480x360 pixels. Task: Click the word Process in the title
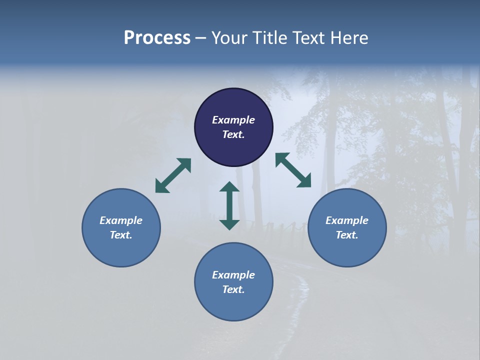pyautogui.click(x=157, y=38)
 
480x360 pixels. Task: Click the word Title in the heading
pyautogui.click(x=270, y=38)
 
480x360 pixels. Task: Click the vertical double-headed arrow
pyautogui.click(x=229, y=205)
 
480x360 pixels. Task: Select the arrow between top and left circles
pyautogui.click(x=173, y=175)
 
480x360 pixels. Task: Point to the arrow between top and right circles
pyautogui.click(x=293, y=170)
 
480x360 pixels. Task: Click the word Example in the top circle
pyautogui.click(x=233, y=120)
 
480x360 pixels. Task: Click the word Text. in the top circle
pyautogui.click(x=233, y=134)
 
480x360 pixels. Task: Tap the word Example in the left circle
pyautogui.click(x=121, y=220)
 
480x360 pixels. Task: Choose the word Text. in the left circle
pyautogui.click(x=121, y=235)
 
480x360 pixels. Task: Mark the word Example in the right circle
pyautogui.click(x=347, y=220)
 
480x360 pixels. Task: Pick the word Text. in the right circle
pyautogui.click(x=347, y=235)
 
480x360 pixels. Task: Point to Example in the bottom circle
pyautogui.click(x=233, y=275)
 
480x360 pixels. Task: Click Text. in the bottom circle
pyautogui.click(x=233, y=289)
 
